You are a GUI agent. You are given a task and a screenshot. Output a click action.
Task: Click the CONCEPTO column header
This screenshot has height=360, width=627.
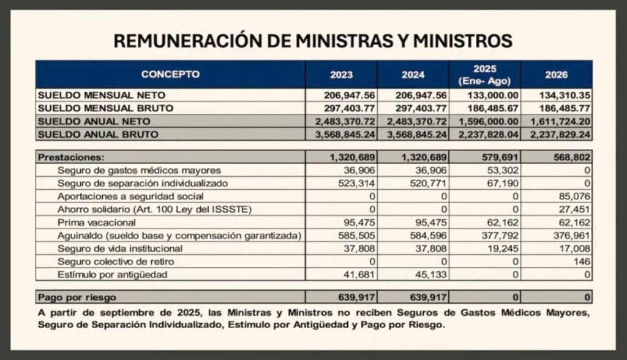click(170, 75)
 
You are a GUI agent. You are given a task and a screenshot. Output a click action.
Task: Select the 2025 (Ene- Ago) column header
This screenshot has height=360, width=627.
click(484, 75)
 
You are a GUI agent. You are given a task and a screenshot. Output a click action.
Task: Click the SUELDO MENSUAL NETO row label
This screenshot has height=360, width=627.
click(102, 96)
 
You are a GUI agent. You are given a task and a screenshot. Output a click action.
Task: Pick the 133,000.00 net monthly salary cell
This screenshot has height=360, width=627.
click(494, 96)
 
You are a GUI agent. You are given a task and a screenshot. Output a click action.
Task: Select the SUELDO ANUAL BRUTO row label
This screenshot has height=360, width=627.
click(98, 134)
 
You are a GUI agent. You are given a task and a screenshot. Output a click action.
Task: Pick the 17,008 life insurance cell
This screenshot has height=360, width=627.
click(576, 249)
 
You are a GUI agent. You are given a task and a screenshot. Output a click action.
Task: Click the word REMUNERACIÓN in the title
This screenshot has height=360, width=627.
click(179, 41)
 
